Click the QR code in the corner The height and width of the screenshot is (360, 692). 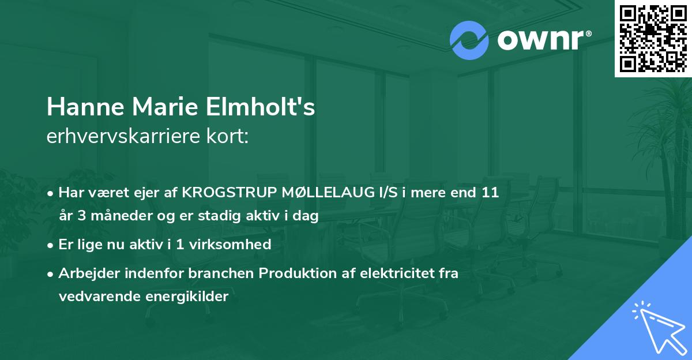coord(653,38)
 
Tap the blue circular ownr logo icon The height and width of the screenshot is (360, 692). coord(469,40)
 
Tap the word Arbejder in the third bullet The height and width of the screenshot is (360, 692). coord(84,273)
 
